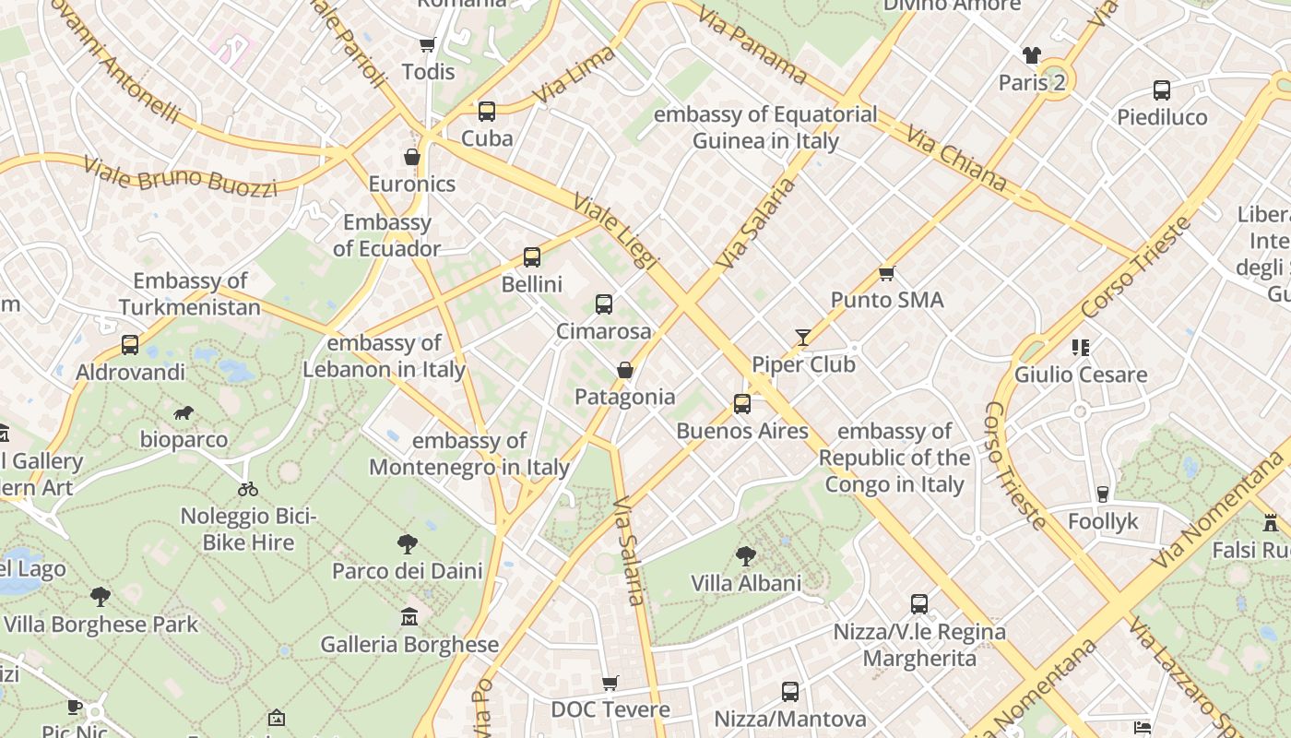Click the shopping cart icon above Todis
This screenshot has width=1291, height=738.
427,44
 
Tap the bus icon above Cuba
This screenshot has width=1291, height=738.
487,112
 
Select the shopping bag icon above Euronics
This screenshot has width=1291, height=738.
412,157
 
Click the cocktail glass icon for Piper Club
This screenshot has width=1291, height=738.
803,338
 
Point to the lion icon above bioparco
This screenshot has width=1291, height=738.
184,412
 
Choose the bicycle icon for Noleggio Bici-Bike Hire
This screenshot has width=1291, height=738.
248,489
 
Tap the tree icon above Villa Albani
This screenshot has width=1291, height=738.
746,556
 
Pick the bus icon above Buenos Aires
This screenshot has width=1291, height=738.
742,404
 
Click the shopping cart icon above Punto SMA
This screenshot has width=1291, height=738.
887,273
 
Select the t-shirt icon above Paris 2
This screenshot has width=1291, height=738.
1032,55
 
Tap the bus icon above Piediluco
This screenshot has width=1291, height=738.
1162,90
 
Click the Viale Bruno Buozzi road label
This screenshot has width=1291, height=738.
181,176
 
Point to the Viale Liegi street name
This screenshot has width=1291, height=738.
615,231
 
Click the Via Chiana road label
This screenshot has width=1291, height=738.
956,159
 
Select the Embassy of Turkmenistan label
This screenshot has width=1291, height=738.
190,294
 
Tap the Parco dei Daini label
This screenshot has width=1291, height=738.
408,571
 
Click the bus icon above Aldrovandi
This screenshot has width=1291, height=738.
130,345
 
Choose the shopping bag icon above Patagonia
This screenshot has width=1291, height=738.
625,370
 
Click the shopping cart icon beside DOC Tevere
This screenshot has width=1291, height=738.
610,683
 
